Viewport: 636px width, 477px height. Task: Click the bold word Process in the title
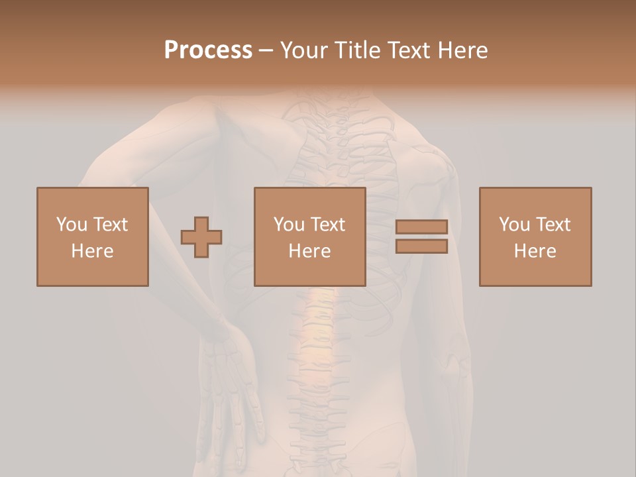pyautogui.click(x=208, y=50)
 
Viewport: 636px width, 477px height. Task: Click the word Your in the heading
pyautogui.click(x=305, y=50)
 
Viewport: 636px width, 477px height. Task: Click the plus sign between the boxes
pyautogui.click(x=201, y=237)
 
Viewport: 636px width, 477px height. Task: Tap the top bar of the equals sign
pyautogui.click(x=421, y=227)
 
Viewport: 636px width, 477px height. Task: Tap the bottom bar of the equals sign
pyautogui.click(x=421, y=246)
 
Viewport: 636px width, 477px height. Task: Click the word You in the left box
pyautogui.click(x=71, y=225)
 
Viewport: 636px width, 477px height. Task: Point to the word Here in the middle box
pyautogui.click(x=310, y=251)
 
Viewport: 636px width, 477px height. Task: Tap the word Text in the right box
pyautogui.click(x=553, y=225)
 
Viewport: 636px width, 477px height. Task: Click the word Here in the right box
pyautogui.click(x=535, y=251)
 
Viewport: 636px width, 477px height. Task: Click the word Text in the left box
pyautogui.click(x=110, y=225)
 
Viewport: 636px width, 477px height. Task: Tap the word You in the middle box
pyautogui.click(x=288, y=225)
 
